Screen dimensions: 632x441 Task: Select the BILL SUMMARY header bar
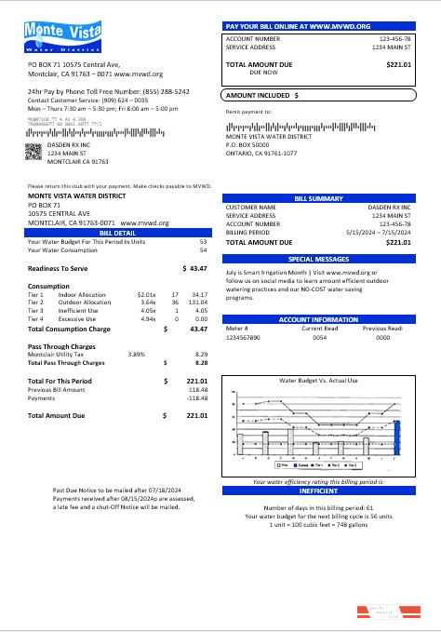click(x=318, y=198)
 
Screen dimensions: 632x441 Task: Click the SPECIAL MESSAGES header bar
click(x=318, y=259)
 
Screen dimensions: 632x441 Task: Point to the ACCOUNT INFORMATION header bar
click(x=318, y=319)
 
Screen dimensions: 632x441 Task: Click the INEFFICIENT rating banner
click(x=318, y=490)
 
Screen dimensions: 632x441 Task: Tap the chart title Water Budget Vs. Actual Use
click(x=318, y=380)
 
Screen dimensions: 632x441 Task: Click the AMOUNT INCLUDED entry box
click(x=318, y=95)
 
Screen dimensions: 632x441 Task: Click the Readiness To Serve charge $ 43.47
click(x=194, y=267)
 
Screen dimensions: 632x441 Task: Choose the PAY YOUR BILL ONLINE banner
click(x=318, y=26)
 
